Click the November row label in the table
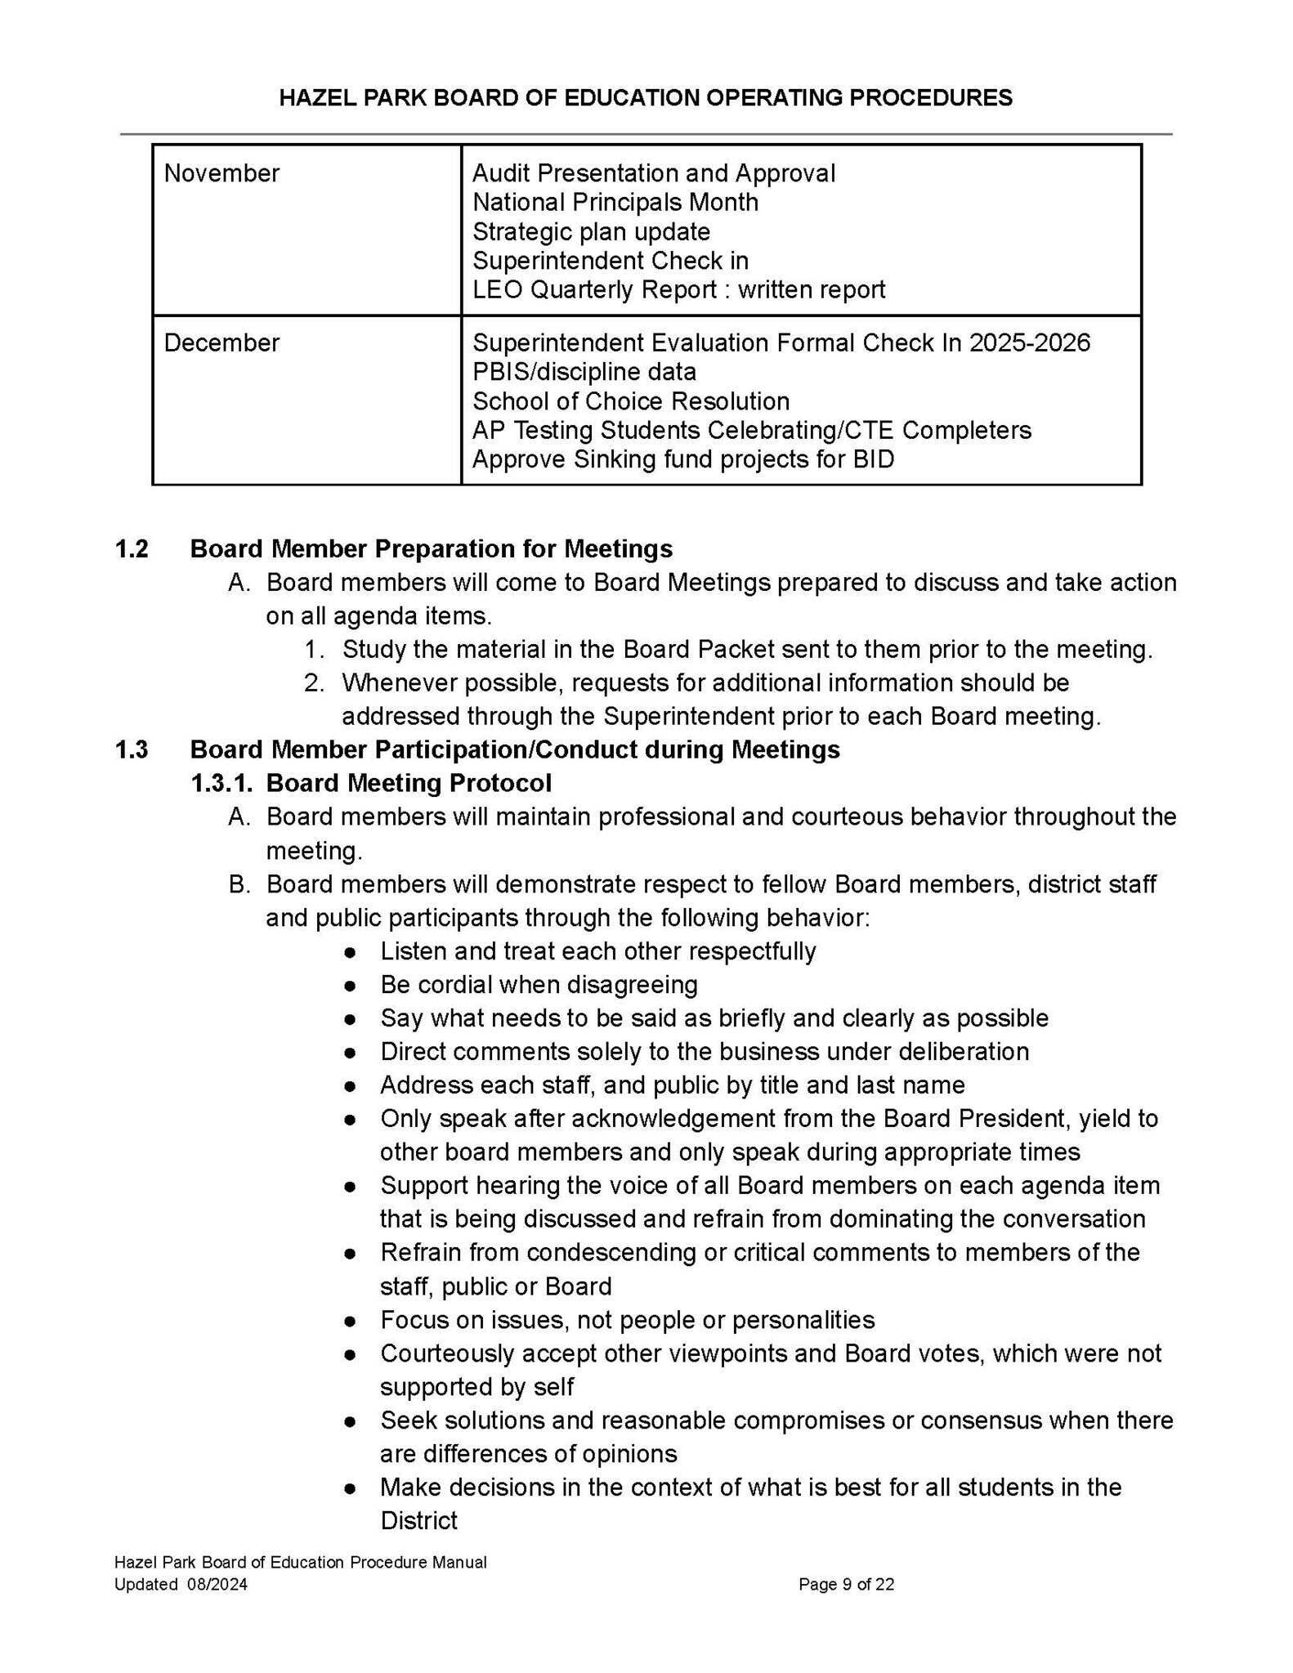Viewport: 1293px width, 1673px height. tap(221, 173)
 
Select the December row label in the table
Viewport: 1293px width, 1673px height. tap(221, 342)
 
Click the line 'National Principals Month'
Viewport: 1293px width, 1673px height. tap(615, 202)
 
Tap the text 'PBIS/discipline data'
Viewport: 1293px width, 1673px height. tap(584, 372)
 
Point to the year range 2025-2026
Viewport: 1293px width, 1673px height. tap(1029, 342)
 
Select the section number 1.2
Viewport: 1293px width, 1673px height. tap(132, 548)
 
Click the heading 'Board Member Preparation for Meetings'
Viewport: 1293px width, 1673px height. tap(431, 548)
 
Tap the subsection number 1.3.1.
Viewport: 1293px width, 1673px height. tap(222, 783)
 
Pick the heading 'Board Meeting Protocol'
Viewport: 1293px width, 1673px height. tap(409, 783)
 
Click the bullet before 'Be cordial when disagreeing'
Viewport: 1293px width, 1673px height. tap(350, 986)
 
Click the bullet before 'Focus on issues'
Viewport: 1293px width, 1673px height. tap(350, 1321)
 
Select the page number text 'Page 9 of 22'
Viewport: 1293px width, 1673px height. tap(846, 1585)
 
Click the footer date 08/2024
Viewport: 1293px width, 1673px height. tap(217, 1585)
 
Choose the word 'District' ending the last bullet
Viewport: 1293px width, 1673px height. tap(418, 1521)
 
